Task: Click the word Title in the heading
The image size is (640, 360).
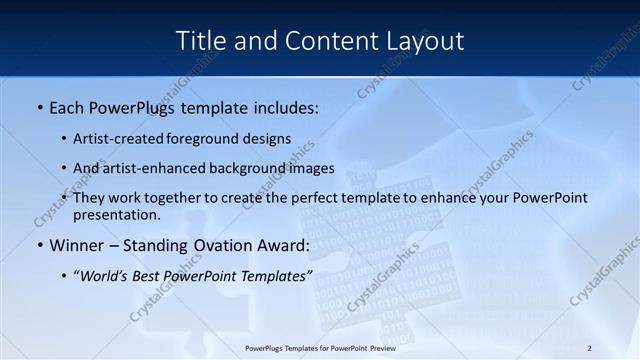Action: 200,41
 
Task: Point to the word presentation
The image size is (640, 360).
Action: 115,214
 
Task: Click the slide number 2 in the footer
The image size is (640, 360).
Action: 589,348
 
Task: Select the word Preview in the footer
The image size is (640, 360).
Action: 378,348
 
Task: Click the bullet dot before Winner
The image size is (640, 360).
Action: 39,246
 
